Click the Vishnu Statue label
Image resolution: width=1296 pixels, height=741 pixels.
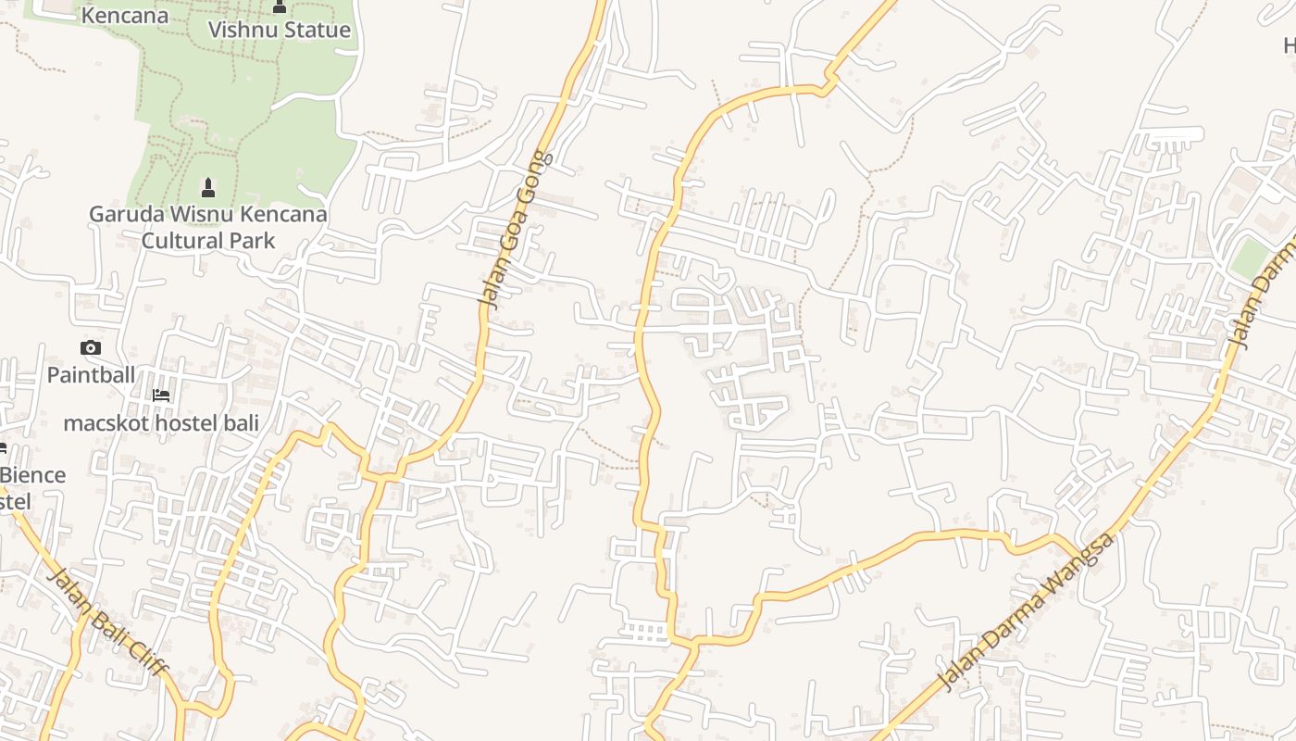(279, 30)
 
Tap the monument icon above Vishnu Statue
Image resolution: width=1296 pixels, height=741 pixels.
(280, 7)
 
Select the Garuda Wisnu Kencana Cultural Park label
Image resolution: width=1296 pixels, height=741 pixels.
(208, 227)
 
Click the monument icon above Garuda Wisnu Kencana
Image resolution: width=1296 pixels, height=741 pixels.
(208, 188)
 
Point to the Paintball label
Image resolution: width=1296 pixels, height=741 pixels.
(91, 375)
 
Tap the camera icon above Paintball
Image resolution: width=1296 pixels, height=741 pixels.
(91, 348)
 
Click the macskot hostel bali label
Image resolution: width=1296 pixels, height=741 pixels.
(161, 423)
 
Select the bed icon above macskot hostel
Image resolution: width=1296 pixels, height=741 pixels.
(161, 396)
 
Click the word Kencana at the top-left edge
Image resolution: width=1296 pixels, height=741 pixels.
(125, 16)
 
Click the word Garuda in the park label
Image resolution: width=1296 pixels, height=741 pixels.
(125, 215)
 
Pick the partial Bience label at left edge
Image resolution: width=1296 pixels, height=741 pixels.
(32, 476)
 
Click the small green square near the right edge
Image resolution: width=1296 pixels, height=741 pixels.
(1249, 258)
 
